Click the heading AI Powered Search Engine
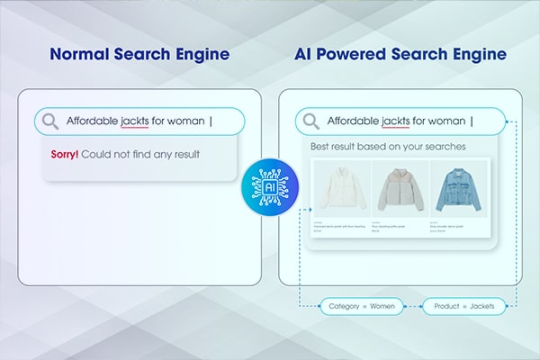point(400,56)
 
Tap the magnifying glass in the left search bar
point(50,121)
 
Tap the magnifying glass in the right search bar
point(311,121)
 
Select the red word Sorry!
point(65,155)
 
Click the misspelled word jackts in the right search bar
point(395,121)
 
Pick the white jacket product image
point(339,193)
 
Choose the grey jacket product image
point(399,193)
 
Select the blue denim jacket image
point(458,193)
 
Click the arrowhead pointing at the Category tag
point(320,307)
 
